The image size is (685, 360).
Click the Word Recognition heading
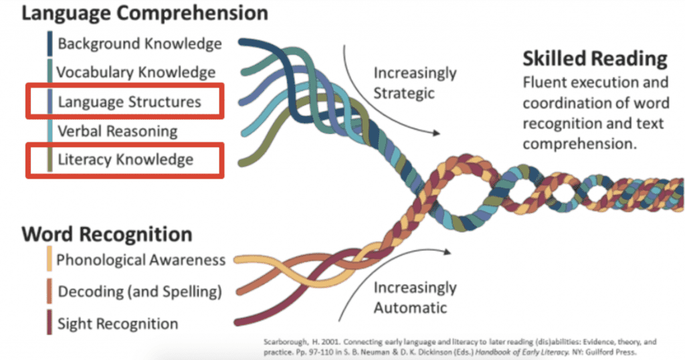point(107,234)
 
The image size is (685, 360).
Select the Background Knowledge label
point(139,44)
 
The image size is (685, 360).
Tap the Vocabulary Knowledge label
point(136,72)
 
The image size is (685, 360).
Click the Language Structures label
point(129,102)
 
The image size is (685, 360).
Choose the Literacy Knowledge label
point(125,159)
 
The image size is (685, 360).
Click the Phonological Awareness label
point(140,260)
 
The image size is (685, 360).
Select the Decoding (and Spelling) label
point(139,292)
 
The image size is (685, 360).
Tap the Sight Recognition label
point(118,324)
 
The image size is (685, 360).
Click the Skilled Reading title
point(595,59)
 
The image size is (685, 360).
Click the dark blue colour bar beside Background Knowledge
point(50,44)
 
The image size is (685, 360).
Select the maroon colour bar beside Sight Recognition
point(50,324)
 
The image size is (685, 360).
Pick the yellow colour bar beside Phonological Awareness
point(50,260)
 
